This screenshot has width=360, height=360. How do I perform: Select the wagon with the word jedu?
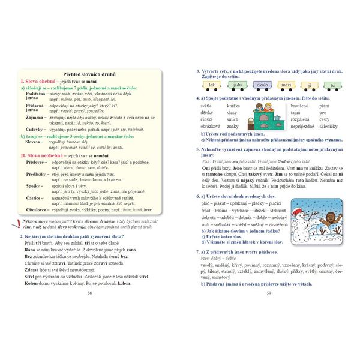(x=237, y=86)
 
